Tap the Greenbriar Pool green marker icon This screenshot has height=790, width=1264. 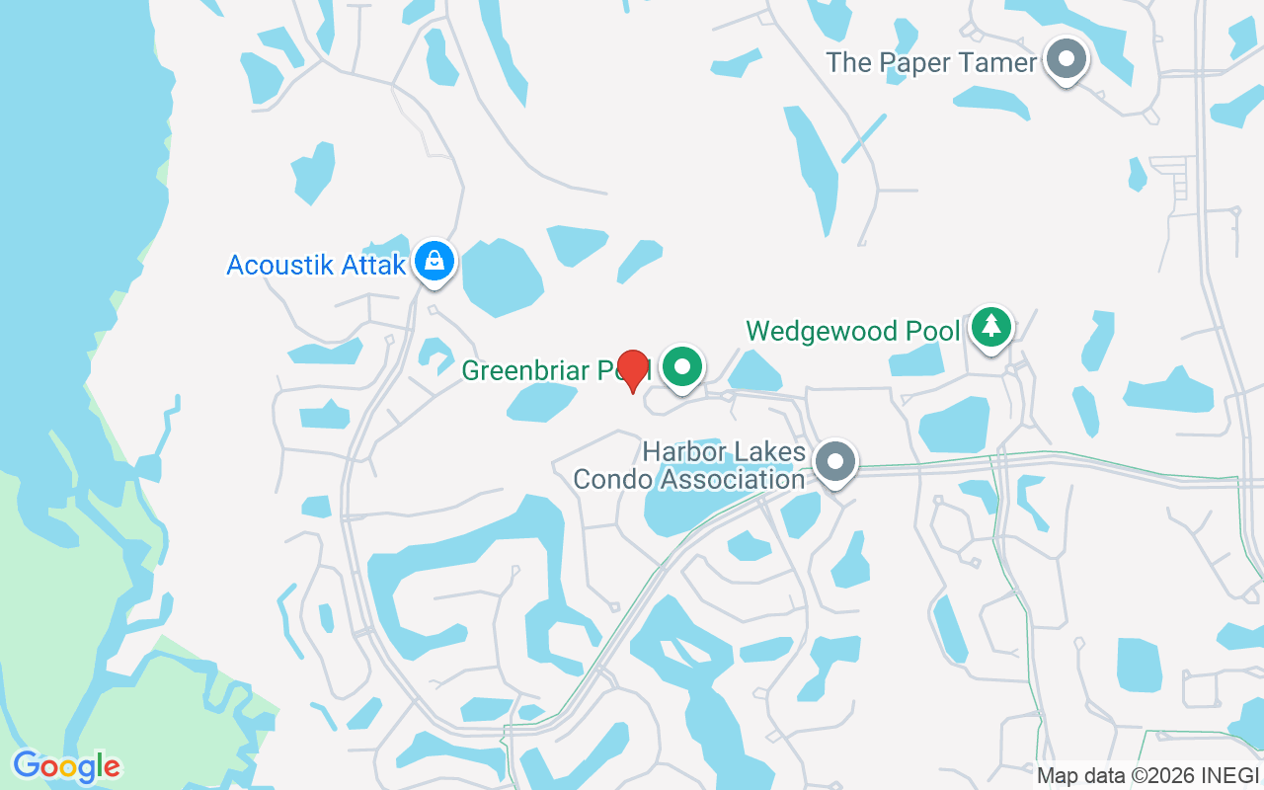681,367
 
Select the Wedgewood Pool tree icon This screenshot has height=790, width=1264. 991,326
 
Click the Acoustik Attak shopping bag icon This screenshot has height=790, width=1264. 434,261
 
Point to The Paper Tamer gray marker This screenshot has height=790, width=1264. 1066,59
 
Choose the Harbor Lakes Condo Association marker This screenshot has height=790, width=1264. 836,461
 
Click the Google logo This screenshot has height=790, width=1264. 66,766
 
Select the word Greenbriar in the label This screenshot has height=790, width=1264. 523,371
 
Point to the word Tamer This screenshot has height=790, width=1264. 997,63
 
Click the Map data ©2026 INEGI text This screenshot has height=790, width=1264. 1147,776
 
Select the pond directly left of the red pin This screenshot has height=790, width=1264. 541,400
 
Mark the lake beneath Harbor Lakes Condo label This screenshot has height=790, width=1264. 691,509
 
